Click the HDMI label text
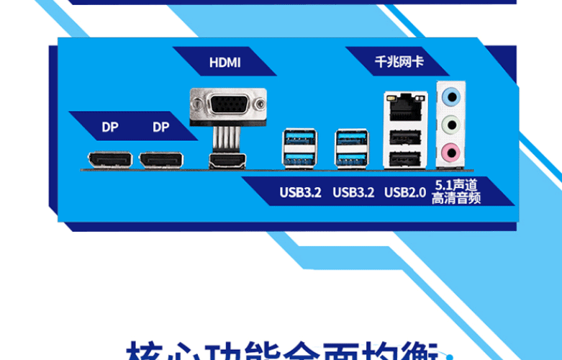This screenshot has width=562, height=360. pos(225,63)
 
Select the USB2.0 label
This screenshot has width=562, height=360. pos(405,192)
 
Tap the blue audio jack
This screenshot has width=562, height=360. pos(451,96)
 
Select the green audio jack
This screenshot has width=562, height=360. pos(451,124)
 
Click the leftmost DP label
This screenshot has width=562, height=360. pos(109,127)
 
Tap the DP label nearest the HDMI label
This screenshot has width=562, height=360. pos(161,127)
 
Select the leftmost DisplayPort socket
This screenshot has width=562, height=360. pos(109,160)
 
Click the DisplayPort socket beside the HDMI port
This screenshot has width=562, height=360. pos(161,160)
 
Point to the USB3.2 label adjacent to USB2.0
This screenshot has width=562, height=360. pos(353,192)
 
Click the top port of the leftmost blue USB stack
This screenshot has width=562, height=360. pos(299,138)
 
